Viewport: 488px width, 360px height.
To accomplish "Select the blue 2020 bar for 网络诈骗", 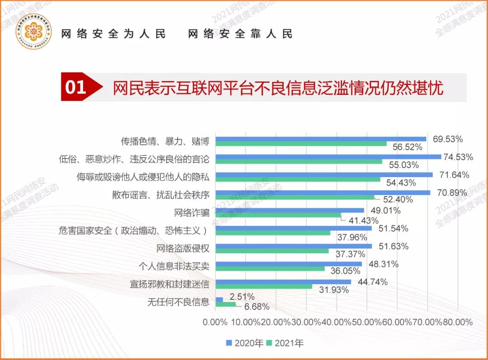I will pyautogui.click(x=290, y=210).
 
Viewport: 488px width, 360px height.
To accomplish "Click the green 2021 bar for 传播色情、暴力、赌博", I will pyautogui.click(x=301, y=144).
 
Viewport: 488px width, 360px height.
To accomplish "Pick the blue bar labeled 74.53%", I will pyautogui.click(x=328, y=157).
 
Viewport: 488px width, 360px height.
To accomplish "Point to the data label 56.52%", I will pyautogui.click(x=408, y=147).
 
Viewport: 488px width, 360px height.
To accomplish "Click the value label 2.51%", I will pyautogui.click(x=242, y=297).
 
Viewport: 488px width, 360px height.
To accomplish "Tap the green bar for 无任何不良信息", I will pyautogui.click(x=225, y=304).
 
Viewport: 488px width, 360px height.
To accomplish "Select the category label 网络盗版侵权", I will pyautogui.click(x=183, y=248).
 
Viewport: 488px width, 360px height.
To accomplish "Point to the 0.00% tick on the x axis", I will pyautogui.click(x=215, y=323).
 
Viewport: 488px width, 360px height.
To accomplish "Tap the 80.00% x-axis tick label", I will pyautogui.click(x=457, y=323).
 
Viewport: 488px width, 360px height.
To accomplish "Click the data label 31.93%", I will pyautogui.click(x=334, y=290).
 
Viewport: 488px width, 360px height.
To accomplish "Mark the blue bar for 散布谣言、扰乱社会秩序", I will pyautogui.click(x=323, y=192).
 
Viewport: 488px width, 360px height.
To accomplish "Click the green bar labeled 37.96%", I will pyautogui.click(x=273, y=233).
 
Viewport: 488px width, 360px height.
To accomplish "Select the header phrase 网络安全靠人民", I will pyautogui.click(x=240, y=34).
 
